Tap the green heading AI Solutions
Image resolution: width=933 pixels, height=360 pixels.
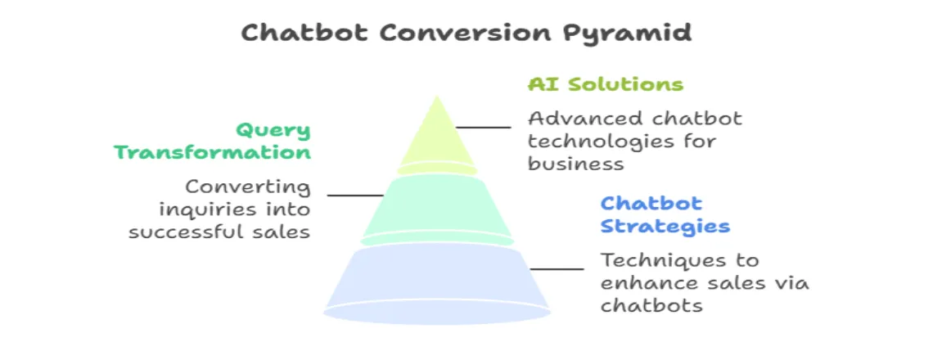point(605,84)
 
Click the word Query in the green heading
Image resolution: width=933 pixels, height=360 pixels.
point(273,130)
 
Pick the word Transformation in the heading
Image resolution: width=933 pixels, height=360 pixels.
point(212,153)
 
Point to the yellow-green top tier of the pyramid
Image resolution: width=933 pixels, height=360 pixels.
point(437,139)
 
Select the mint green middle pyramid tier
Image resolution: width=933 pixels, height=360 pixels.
point(437,206)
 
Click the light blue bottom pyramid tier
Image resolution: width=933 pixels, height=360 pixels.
point(437,282)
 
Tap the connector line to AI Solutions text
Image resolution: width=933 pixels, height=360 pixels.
point(483,128)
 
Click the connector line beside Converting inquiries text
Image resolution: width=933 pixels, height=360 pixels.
point(355,195)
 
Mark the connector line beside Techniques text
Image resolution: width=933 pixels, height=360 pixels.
point(557,268)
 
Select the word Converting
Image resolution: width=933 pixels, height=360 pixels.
point(248,187)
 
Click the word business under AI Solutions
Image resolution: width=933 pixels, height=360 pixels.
point(575,164)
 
